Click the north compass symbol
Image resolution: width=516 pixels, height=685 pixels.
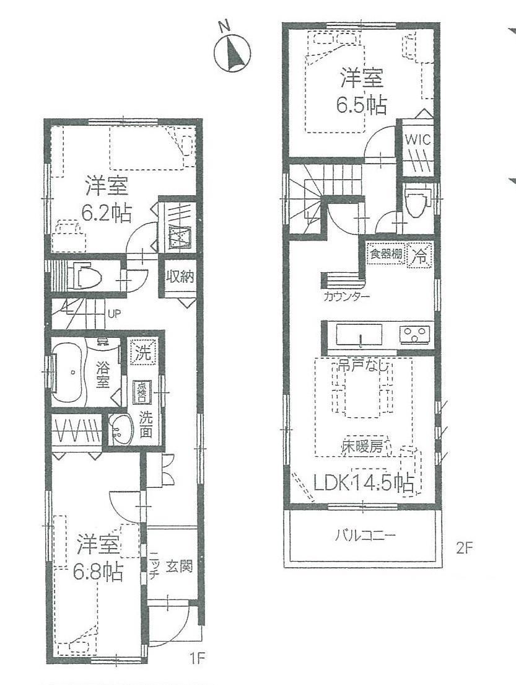232,51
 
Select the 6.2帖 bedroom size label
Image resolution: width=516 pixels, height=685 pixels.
107,214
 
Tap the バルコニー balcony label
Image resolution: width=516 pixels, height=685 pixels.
365,536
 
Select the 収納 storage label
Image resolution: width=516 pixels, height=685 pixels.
180,277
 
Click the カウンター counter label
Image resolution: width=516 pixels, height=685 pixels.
347,296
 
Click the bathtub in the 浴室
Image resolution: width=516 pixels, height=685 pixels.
71,372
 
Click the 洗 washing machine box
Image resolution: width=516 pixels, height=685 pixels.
143,354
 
